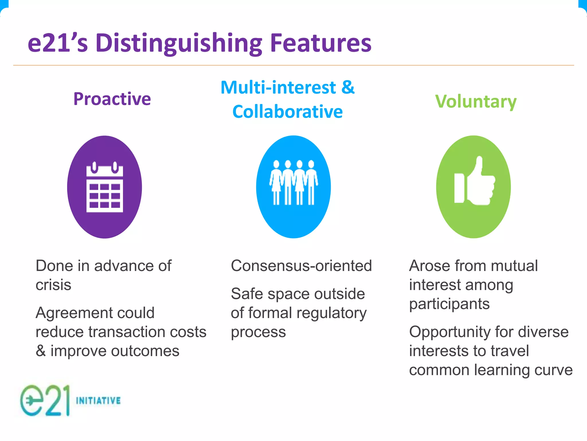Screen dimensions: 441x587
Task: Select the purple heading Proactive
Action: click(112, 99)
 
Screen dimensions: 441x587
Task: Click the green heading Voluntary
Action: click(476, 102)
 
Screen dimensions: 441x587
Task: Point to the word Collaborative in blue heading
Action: click(287, 112)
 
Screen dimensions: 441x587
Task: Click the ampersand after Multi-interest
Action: click(348, 87)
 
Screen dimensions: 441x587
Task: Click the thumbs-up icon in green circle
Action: click(474, 182)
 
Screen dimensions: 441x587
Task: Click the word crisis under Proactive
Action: click(53, 285)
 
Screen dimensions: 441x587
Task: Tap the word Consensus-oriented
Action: click(301, 266)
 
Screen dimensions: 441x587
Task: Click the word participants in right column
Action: click(449, 304)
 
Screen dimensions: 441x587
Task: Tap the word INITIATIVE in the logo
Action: click(98, 401)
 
